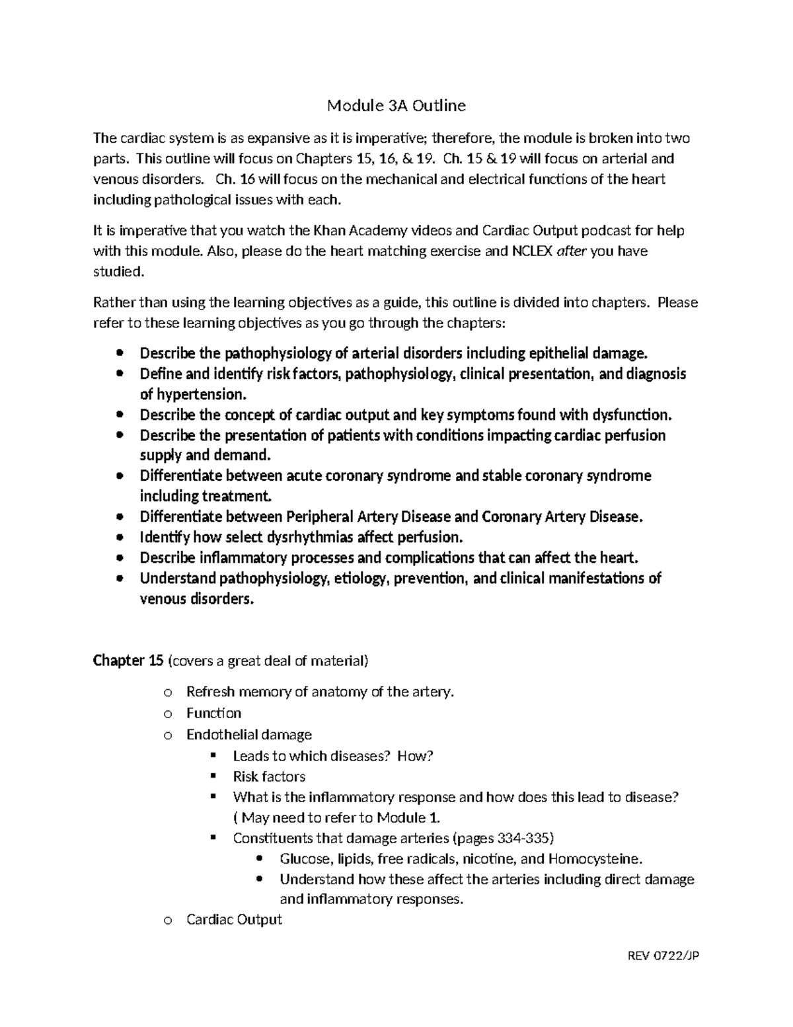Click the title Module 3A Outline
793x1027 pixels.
397,106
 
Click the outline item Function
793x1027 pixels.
213,713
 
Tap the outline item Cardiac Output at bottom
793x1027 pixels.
234,920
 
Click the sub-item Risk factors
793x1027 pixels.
269,776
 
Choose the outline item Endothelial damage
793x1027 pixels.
248,735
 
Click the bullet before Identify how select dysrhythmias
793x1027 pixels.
120,537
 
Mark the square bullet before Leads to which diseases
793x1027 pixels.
213,756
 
